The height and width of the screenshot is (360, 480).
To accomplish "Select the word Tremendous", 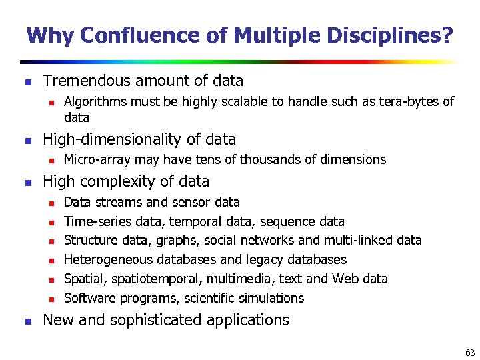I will point(88,81).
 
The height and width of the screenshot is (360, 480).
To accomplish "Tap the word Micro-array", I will point(97,160).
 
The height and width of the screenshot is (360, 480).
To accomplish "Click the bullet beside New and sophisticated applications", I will point(27,321).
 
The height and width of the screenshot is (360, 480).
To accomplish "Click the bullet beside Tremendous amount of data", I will point(27,83).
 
